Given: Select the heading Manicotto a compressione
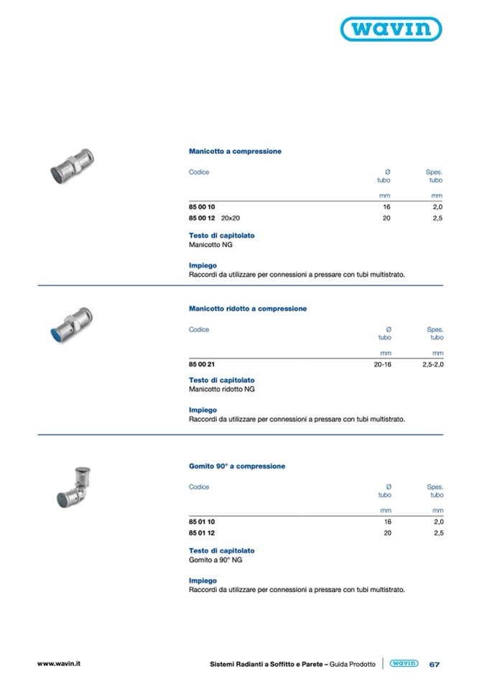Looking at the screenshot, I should click(235, 152).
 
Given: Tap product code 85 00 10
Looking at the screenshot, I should click(202, 207).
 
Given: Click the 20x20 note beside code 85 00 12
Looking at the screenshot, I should click(231, 218).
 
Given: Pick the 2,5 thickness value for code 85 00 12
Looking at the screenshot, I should click(437, 218).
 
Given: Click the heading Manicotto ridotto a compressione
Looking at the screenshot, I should click(247, 308).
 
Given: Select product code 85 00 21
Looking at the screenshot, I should click(202, 364).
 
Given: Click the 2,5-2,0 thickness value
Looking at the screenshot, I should click(432, 364).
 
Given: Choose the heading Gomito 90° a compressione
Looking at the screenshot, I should click(236, 466).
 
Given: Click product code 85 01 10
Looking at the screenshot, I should click(202, 522).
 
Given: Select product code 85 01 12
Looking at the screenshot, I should click(202, 533).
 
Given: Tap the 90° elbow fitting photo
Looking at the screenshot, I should click(72, 482).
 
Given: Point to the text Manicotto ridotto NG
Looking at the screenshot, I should click(221, 389).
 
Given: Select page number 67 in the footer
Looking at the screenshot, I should click(434, 665).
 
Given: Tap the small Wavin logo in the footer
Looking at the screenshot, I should click(404, 664).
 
